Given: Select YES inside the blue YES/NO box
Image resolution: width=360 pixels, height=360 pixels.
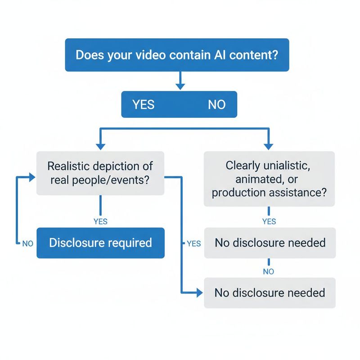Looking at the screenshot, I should [x=144, y=105].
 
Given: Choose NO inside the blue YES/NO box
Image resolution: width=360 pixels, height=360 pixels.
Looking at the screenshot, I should [x=216, y=105].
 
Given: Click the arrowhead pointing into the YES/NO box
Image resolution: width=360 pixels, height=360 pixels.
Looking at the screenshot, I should [x=180, y=86].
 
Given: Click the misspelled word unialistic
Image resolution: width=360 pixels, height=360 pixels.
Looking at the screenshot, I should [x=286, y=165].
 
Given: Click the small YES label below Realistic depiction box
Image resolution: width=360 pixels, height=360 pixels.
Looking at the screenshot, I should [x=100, y=221].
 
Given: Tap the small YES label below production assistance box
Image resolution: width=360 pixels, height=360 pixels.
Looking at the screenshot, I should [x=269, y=221].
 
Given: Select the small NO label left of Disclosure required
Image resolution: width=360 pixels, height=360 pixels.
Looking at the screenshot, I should [x=28, y=243].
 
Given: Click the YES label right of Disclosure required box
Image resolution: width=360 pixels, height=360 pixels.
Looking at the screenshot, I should [x=193, y=243].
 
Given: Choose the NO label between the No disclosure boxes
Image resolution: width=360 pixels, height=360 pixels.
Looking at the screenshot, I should [x=269, y=271].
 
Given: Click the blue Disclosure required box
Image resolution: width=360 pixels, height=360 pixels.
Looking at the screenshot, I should [x=100, y=243].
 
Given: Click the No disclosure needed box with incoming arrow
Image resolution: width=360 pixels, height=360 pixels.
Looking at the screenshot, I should [x=270, y=293].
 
